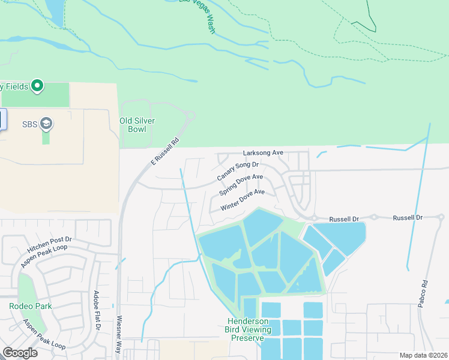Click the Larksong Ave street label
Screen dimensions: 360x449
(263, 153)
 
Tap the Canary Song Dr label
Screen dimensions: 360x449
(238, 171)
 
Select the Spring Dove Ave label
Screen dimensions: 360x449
(241, 185)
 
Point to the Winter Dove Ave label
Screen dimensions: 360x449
(243, 200)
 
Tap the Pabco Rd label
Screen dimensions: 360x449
(424, 292)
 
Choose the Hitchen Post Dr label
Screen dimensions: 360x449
(49, 243)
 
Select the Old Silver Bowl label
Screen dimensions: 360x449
(137, 125)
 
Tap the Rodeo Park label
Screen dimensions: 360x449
(30, 306)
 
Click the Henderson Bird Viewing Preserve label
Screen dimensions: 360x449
(247, 329)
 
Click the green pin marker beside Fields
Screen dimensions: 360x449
(37, 86)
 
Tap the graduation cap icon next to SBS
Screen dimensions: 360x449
(46, 124)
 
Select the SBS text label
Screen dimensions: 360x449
(30, 124)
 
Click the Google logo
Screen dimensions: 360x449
(20, 352)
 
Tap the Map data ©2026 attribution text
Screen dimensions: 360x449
(423, 355)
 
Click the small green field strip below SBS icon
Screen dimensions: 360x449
(46, 138)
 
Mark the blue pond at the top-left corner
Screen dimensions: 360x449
(54, 11)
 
